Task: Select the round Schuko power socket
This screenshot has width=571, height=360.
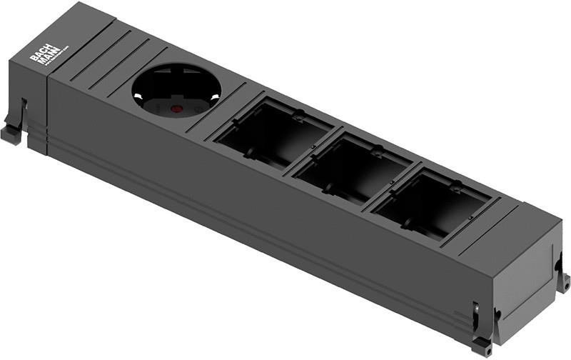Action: pos(176,93)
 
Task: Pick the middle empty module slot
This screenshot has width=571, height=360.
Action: pos(354,166)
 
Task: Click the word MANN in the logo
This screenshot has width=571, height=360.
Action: pos(45,60)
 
